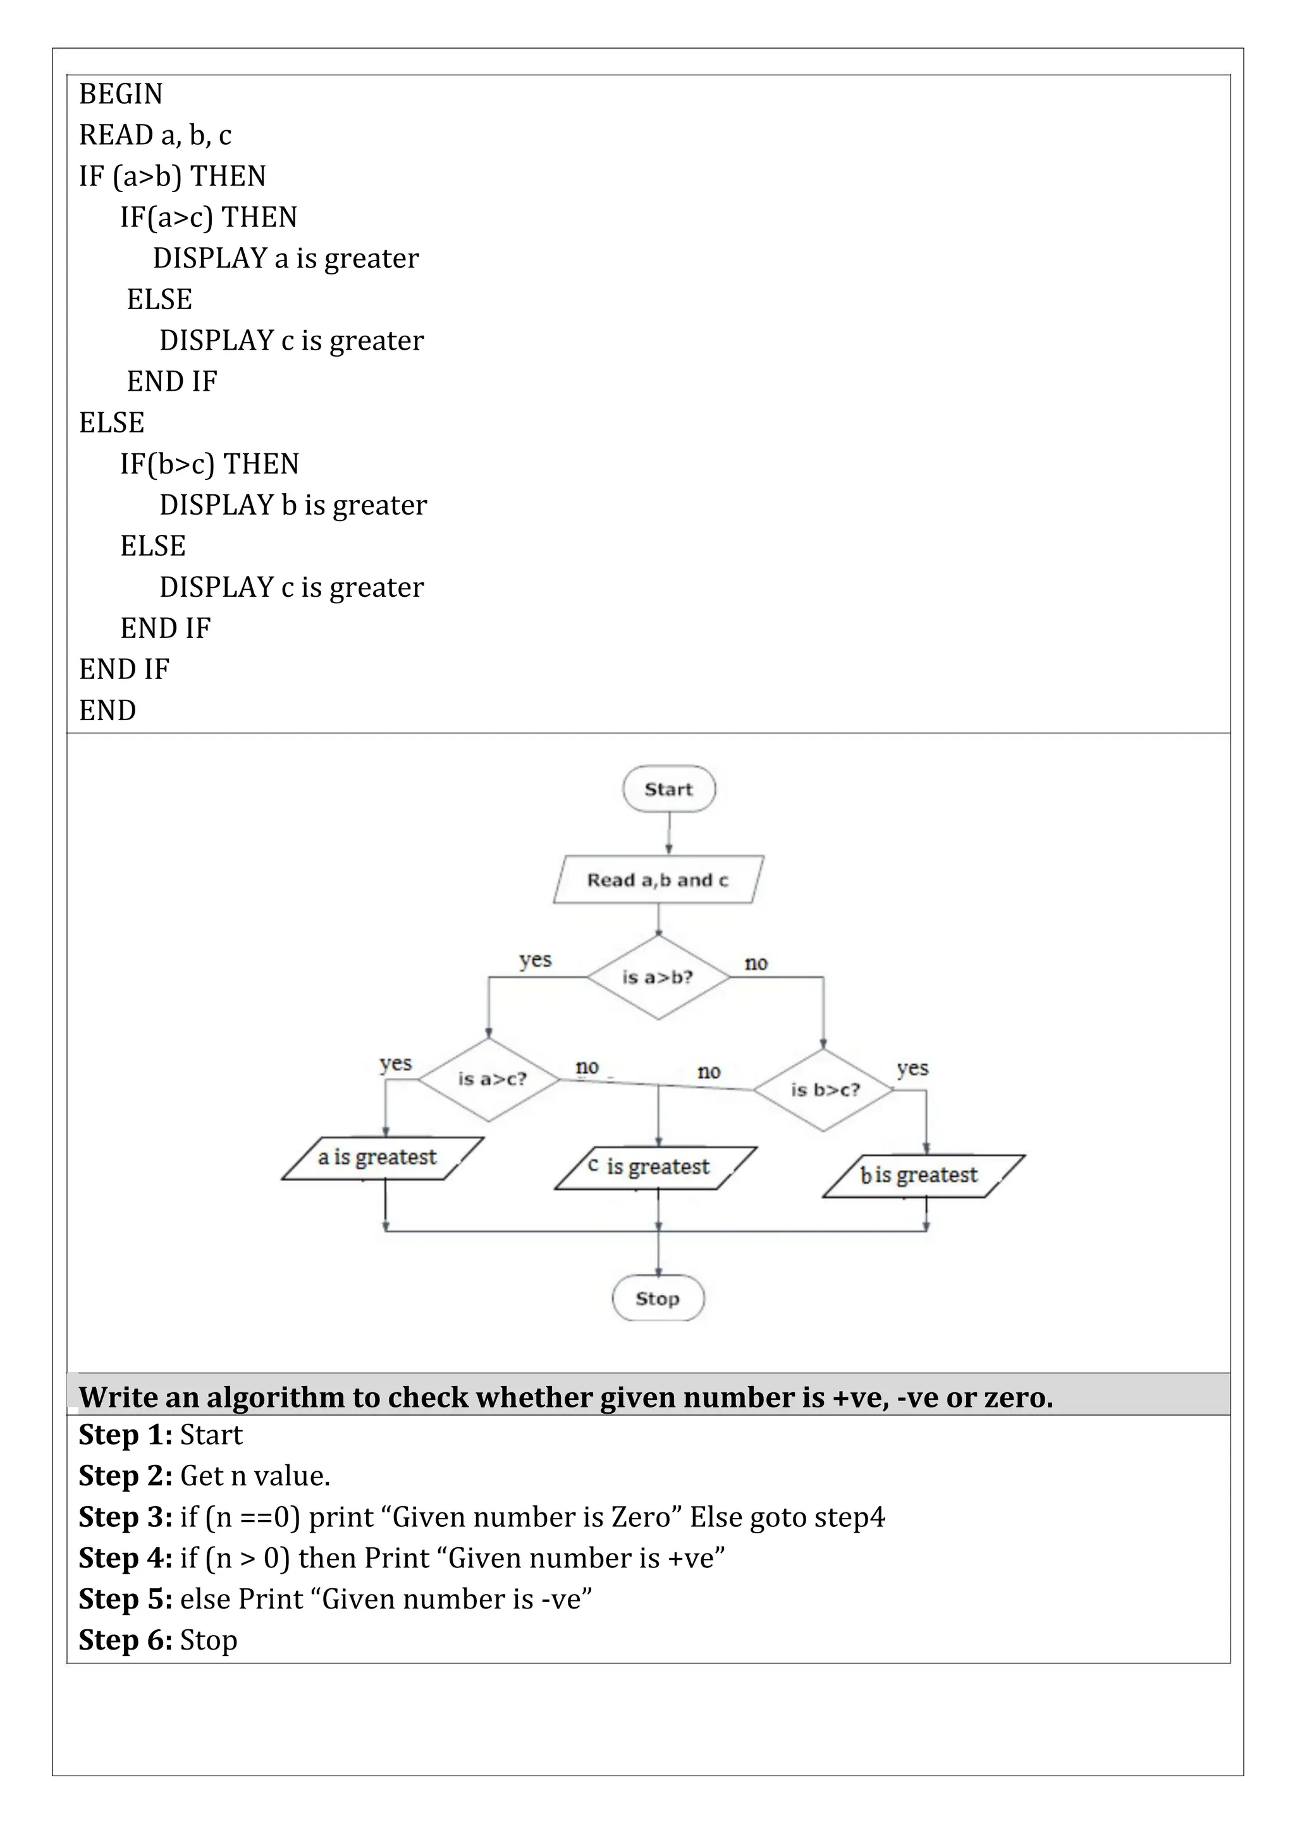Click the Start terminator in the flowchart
[x=668, y=788]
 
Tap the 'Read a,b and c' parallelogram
[x=658, y=879]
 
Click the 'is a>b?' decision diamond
[x=658, y=977]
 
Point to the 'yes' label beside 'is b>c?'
[x=912, y=1068]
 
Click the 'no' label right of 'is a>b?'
[x=756, y=963]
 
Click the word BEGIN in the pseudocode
[x=121, y=94]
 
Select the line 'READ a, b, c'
[x=156, y=135]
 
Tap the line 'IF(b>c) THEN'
[x=210, y=464]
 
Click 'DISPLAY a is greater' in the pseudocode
[x=286, y=259]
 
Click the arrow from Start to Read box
[x=669, y=834]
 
